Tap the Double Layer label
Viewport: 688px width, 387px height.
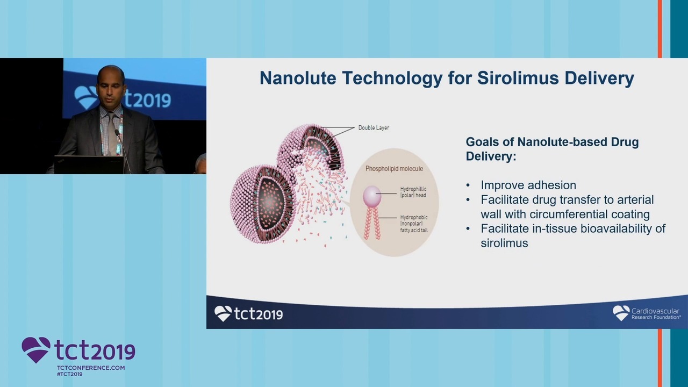(x=374, y=127)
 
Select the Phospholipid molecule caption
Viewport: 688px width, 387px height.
(x=394, y=169)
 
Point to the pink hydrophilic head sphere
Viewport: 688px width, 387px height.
(x=372, y=195)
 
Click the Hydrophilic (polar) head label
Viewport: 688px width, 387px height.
(x=413, y=192)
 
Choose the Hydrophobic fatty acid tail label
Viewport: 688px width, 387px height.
(x=414, y=224)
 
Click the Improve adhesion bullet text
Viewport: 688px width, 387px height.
(x=528, y=185)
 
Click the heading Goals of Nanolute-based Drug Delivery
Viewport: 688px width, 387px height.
(x=552, y=149)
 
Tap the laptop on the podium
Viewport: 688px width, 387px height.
(x=89, y=164)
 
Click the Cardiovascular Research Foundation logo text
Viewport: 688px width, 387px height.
(x=655, y=313)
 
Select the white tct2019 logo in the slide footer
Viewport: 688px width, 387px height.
(x=248, y=313)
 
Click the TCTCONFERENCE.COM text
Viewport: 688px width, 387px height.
(x=91, y=368)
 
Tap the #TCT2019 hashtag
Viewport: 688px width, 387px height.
(x=70, y=374)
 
